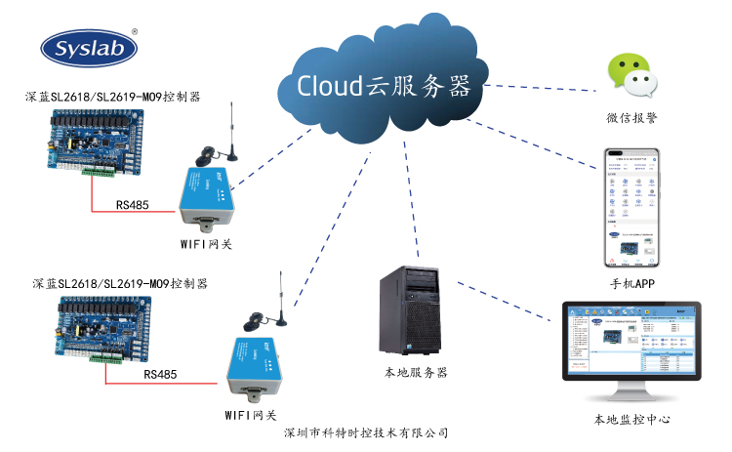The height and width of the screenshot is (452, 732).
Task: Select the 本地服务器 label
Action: coord(415,372)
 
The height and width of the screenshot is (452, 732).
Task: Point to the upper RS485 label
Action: coord(132,205)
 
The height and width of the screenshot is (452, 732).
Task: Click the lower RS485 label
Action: coord(160,374)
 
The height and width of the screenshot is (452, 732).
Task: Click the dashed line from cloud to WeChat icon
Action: coord(543,87)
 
